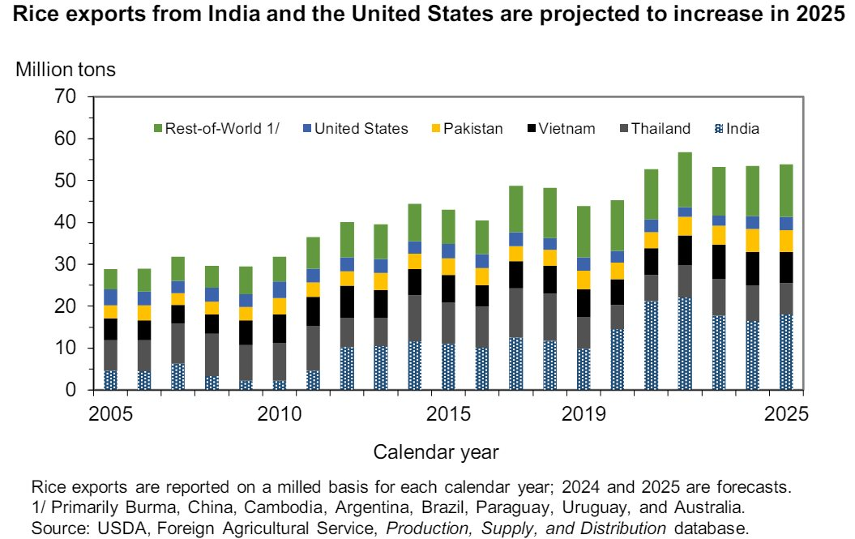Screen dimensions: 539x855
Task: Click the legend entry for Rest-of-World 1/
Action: [x=216, y=128]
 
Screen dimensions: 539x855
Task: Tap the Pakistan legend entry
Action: [x=467, y=128]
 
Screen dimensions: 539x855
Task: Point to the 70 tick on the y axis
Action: [x=66, y=97]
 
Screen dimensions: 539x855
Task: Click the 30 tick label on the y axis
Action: [x=66, y=265]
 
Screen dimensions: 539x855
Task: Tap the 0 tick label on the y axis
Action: [x=71, y=391]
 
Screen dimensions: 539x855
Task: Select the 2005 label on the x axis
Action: [x=110, y=414]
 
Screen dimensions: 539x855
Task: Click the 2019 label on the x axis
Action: [x=584, y=414]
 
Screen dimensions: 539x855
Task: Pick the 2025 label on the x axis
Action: [x=786, y=414]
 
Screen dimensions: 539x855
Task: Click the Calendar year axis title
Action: [x=436, y=451]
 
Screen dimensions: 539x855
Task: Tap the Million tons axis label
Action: [x=66, y=70]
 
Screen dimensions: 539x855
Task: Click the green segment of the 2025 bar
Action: [x=786, y=190]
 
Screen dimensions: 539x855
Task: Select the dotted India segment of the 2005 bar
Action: [x=110, y=380]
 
